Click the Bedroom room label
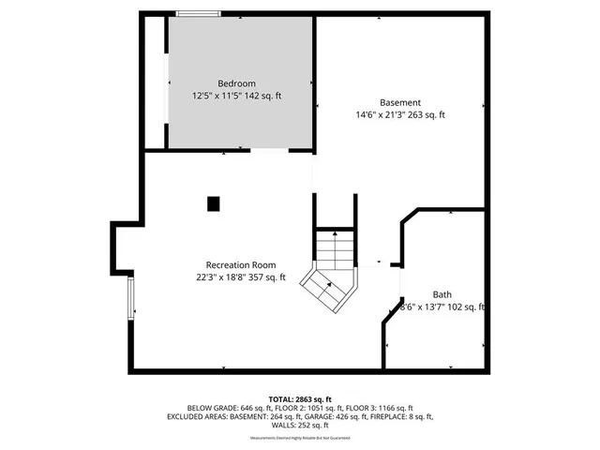coord(236,83)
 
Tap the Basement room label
coord(399,102)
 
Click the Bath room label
coord(442,294)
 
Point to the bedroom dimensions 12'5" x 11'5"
coord(216,96)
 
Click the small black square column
coord(213,202)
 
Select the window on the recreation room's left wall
coord(130,300)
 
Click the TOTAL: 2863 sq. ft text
coord(299,399)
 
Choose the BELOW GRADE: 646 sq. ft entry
coord(232,408)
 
